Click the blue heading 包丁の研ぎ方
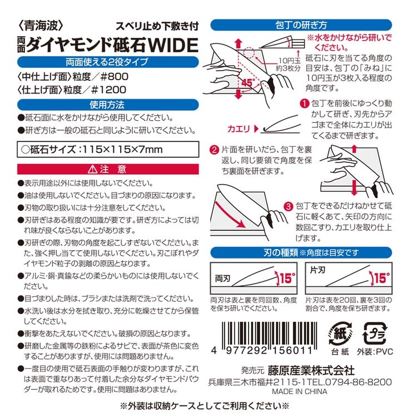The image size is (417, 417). click(301, 25)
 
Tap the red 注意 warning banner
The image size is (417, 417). click(108, 169)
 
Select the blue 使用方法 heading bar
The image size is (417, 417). click(108, 105)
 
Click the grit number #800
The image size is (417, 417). click(115, 77)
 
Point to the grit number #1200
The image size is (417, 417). click(108, 90)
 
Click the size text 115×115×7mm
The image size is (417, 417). click(123, 150)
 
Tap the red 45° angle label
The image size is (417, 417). click(249, 82)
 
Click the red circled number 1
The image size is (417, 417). click(305, 103)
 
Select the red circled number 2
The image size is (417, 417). click(215, 150)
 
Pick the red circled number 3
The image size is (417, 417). click(288, 207)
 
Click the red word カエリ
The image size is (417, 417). click(239, 129)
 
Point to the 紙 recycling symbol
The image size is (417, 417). click(340, 333)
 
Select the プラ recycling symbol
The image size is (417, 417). click(375, 333)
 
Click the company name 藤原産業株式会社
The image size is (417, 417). click(311, 370)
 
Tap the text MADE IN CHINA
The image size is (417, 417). click(300, 391)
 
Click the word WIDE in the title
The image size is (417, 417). click(173, 44)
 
